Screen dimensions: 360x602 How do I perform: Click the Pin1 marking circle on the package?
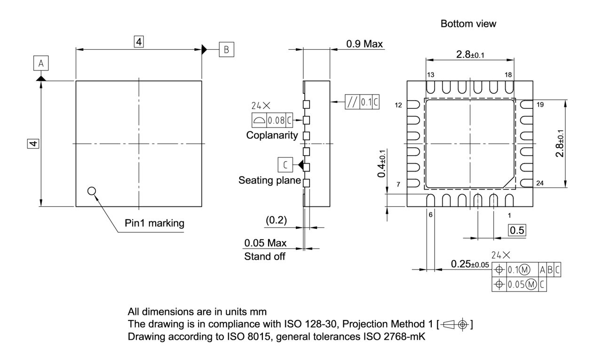(x=92, y=191)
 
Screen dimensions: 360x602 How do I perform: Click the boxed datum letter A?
(x=40, y=63)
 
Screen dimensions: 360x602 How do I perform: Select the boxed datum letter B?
(x=226, y=49)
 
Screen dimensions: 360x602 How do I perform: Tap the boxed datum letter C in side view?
(x=285, y=164)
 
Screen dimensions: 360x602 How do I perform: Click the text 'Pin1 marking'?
(x=154, y=223)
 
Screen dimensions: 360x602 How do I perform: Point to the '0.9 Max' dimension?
(x=364, y=44)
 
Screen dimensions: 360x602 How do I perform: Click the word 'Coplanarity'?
(x=272, y=135)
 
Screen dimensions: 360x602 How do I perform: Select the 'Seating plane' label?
(x=269, y=180)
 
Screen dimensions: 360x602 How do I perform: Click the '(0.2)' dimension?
(x=277, y=219)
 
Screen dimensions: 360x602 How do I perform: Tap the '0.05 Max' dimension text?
(x=265, y=243)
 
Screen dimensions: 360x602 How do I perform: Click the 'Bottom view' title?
(x=468, y=24)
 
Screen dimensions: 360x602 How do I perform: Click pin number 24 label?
(x=540, y=183)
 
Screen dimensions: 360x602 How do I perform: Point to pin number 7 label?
(x=398, y=184)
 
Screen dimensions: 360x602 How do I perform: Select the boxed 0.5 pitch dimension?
(x=518, y=230)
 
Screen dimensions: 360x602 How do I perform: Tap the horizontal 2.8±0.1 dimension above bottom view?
(x=470, y=55)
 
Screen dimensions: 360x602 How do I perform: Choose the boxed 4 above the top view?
(x=138, y=42)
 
